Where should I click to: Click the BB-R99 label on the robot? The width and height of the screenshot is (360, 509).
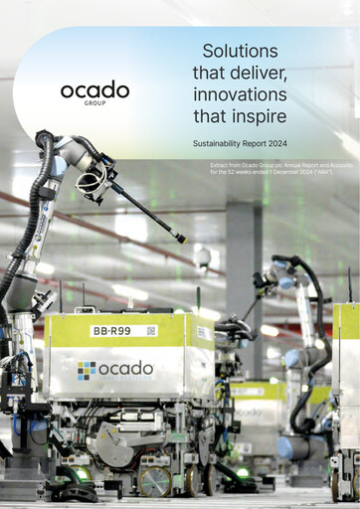coord(109,330)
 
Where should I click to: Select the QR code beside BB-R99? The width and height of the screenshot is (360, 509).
coord(151,330)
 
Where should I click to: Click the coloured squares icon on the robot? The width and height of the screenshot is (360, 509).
coord(88,370)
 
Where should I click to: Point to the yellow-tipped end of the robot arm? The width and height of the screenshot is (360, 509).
coord(181,239)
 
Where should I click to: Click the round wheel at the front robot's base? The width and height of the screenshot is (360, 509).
coord(154,480)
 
